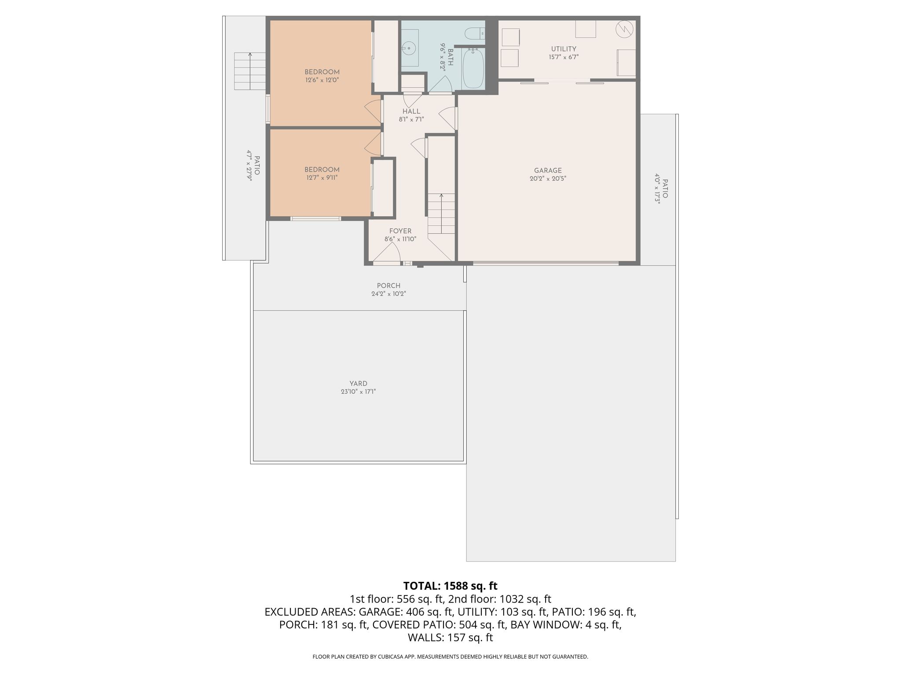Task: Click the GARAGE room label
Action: coord(548,171)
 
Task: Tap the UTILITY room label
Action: coord(564,49)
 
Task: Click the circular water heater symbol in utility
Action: coord(624,29)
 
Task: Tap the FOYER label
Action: coord(400,231)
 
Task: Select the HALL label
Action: coord(411,112)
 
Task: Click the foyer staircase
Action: coord(441,214)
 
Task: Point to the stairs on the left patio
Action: coord(250,71)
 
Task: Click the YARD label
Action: coord(359,384)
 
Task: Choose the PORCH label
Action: coord(389,286)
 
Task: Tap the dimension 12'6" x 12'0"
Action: coord(322,80)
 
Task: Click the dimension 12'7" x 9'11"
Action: coord(322,178)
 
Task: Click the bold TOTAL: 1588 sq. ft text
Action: coord(450,586)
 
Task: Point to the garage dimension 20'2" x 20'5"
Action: coord(548,179)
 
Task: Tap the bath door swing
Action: coord(441,84)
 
